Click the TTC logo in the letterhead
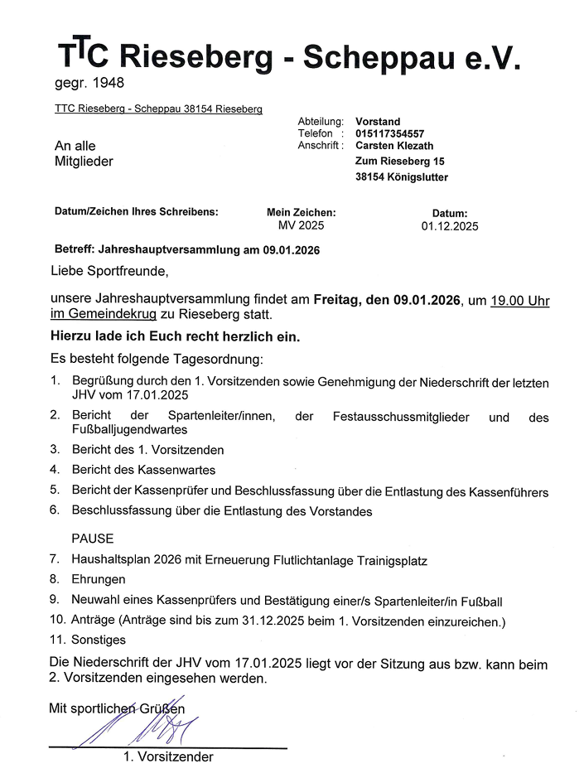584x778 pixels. click(x=82, y=54)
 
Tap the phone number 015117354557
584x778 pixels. click(x=389, y=133)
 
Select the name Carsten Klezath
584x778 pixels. click(x=393, y=146)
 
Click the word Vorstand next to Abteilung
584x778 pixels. click(x=377, y=122)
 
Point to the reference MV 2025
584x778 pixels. click(x=301, y=225)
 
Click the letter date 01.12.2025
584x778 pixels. click(x=449, y=225)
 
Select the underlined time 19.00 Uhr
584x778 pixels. click(x=520, y=302)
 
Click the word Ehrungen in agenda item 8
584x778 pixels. click(x=99, y=579)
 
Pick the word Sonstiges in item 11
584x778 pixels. click(x=99, y=640)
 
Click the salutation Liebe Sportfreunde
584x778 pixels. click(x=109, y=271)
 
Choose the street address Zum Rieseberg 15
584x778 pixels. click(x=399, y=162)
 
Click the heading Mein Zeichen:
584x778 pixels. click(x=301, y=212)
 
